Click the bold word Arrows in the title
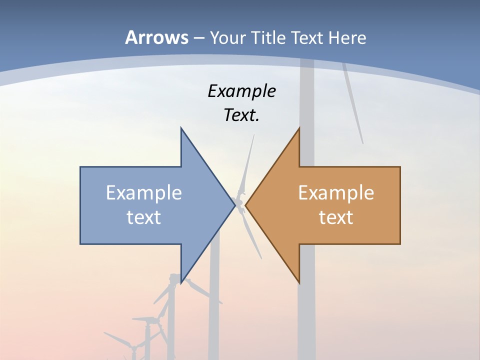tap(156, 37)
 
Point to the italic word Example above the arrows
tap(241, 91)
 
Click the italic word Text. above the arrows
tap(241, 115)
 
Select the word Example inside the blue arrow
tap(144, 192)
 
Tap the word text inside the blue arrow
tap(144, 217)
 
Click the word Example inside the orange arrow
tap(336, 192)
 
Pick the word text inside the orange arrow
tap(336, 217)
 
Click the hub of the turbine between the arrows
tap(240, 202)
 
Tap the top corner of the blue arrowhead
tap(181, 128)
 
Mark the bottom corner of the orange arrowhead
tap(299, 283)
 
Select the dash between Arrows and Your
tap(198, 38)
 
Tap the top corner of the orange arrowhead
tap(299, 128)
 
